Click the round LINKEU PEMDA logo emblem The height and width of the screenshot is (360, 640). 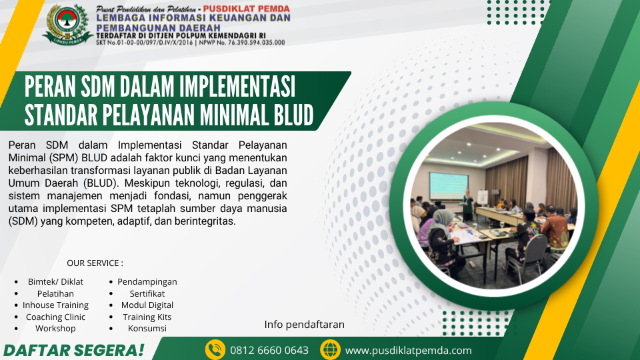[x=67, y=24]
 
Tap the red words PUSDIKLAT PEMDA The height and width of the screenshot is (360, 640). [x=247, y=9]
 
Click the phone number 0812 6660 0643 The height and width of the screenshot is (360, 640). [x=269, y=350]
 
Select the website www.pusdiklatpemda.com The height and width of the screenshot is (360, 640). [x=408, y=351]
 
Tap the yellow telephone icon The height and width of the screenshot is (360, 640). [x=215, y=350]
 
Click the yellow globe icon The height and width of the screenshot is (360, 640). [x=330, y=350]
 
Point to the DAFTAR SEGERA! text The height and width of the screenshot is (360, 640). [x=74, y=350]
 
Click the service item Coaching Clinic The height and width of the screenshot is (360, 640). [x=55, y=317]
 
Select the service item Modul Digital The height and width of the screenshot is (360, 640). [x=147, y=305]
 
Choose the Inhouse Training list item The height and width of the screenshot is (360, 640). [x=55, y=305]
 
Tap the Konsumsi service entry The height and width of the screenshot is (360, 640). [x=147, y=328]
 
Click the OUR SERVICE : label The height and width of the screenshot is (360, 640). [x=95, y=263]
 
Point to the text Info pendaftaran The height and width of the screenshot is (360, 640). [x=304, y=325]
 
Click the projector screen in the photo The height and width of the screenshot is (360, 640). [x=449, y=186]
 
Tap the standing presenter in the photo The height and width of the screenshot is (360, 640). [x=468, y=206]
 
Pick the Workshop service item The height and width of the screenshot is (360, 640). [x=55, y=328]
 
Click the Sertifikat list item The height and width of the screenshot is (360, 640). [x=147, y=293]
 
